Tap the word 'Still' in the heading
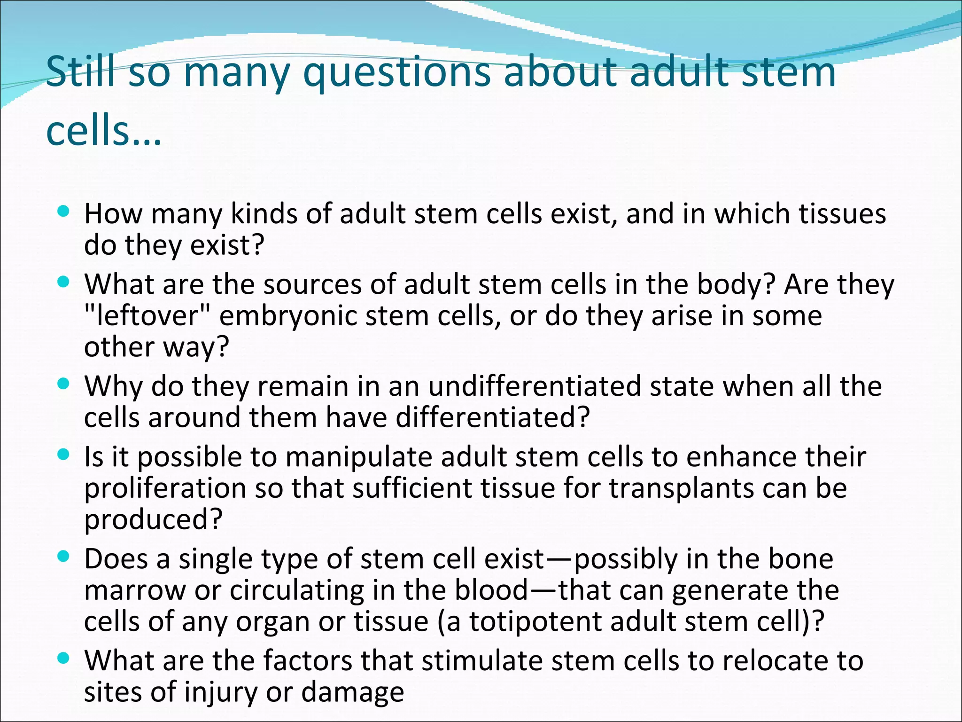click(80, 71)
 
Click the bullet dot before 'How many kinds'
click(63, 212)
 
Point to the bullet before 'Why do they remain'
click(63, 384)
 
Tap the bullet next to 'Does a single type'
click(63, 557)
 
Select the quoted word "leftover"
click(146, 315)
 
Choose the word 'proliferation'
click(165, 488)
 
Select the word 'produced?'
click(153, 520)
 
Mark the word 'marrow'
click(135, 590)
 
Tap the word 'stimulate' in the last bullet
click(482, 661)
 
